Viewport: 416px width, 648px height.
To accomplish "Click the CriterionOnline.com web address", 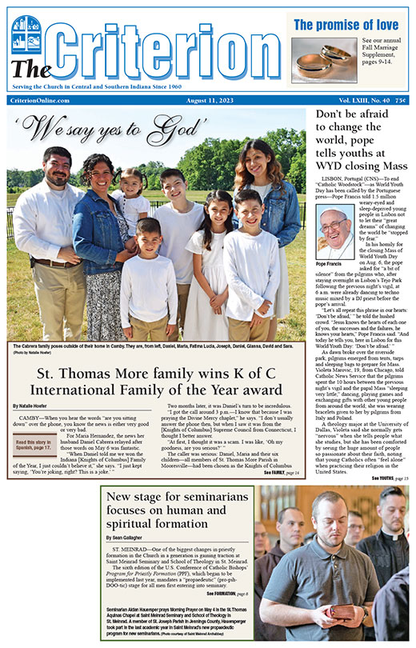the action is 41,99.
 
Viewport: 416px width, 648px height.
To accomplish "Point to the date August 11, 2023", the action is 182,99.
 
